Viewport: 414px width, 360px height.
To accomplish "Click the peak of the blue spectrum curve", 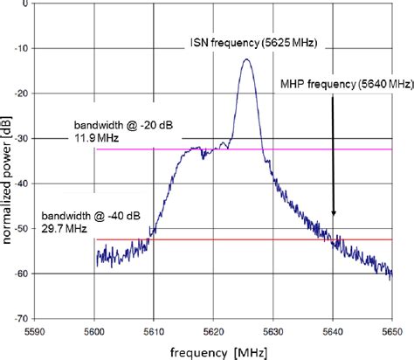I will (x=247, y=60).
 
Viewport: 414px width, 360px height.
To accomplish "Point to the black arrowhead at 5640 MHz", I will (x=333, y=212).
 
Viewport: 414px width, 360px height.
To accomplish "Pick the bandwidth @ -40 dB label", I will (x=88, y=215).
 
